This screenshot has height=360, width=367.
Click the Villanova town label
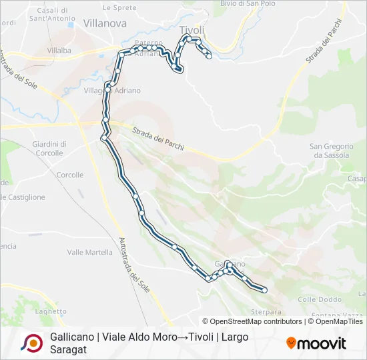105,23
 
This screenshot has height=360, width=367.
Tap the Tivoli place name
192,30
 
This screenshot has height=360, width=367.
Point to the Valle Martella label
90,252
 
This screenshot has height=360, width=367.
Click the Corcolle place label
70,175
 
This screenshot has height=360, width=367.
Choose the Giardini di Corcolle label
49,148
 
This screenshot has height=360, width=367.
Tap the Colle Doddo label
316,299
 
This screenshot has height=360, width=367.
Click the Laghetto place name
51,311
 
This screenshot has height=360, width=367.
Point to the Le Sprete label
121,7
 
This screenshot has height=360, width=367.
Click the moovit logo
316,343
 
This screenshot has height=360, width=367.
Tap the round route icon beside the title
31,343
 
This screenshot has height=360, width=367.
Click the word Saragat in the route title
68,349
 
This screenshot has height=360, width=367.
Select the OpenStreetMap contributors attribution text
254,321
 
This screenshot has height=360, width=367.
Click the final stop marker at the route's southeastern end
265,290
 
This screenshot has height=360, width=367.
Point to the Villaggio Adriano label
112,90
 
